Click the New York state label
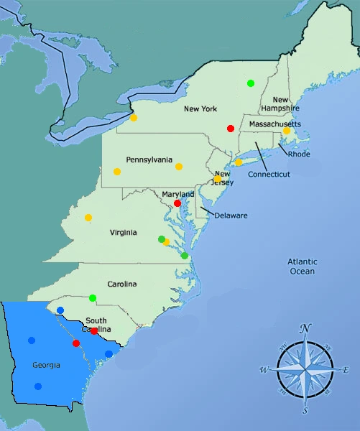(x=200, y=109)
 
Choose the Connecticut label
(x=269, y=175)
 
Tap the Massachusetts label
(x=274, y=125)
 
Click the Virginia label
(x=124, y=233)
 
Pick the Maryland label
(x=177, y=195)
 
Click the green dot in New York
(x=251, y=83)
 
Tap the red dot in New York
(x=231, y=129)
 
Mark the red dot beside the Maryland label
(x=177, y=203)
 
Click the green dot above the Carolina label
(x=93, y=297)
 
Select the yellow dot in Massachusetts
(x=287, y=131)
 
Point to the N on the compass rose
(x=306, y=329)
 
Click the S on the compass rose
(x=305, y=410)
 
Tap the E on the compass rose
(x=346, y=370)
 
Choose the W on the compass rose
(x=264, y=370)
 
